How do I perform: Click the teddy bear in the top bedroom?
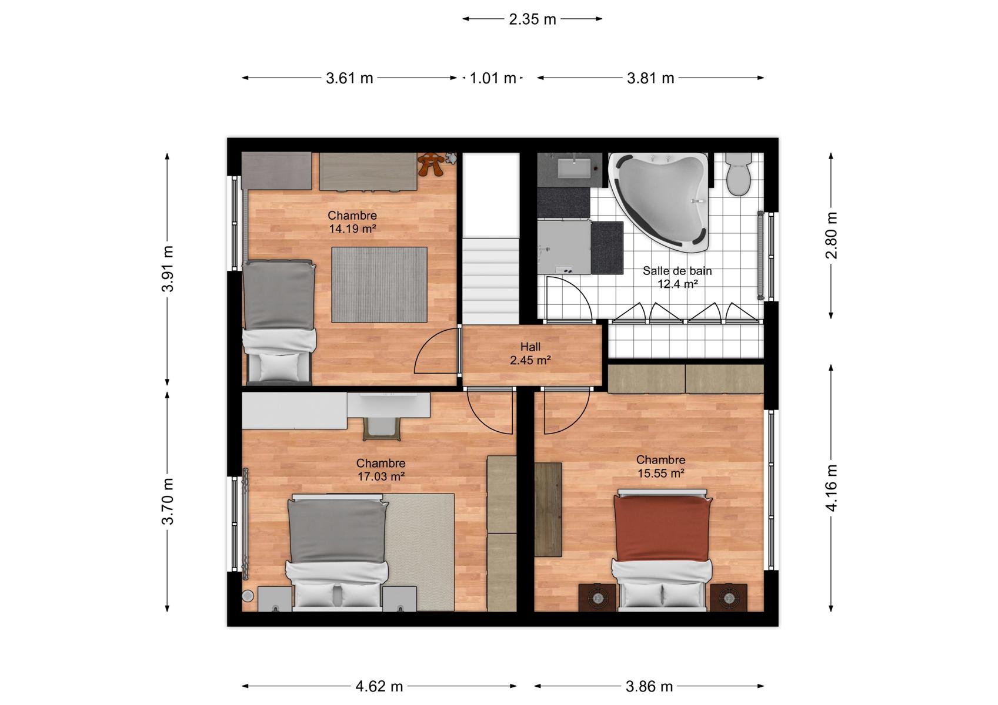point(430,164)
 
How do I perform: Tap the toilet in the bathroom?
point(738,174)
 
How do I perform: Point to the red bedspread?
point(662,528)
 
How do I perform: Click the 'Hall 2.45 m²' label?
point(530,354)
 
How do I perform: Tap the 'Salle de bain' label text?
point(677,271)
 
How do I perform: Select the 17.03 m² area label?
point(381,476)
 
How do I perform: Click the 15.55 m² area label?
point(661,473)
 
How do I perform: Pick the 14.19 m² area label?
point(352,229)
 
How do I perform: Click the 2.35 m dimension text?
point(532,19)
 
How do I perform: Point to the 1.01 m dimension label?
point(493,78)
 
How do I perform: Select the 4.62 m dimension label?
point(379,686)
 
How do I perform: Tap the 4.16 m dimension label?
point(832,488)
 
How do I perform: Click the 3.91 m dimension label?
point(168,268)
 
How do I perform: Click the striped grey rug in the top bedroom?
point(379,285)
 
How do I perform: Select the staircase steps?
point(490,281)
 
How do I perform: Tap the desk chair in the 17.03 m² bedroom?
point(382,428)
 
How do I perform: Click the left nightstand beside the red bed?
point(597,597)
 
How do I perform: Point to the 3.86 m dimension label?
point(649,686)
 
